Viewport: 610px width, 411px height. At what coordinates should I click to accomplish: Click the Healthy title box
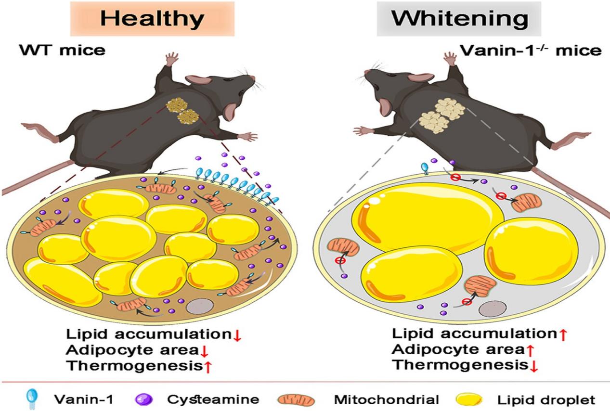152,19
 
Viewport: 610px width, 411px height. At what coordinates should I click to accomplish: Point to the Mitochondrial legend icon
296,399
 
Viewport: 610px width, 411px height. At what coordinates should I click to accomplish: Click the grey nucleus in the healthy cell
198,306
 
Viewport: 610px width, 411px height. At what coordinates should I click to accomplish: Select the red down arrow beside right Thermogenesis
533,366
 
